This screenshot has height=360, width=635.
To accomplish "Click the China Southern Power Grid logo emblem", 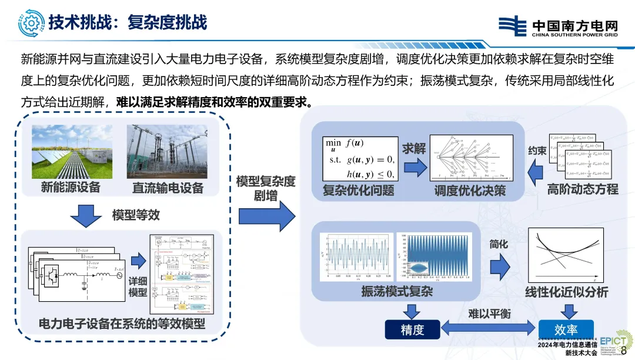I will (513, 26).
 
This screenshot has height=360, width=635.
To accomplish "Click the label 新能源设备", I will (71, 188).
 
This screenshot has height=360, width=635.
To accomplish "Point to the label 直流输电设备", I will (168, 188).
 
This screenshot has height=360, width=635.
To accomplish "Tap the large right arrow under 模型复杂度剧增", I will (275, 215).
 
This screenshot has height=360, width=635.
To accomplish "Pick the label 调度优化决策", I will (469, 191).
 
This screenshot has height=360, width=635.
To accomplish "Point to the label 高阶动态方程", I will (583, 189).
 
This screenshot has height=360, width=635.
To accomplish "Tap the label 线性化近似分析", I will (566, 292).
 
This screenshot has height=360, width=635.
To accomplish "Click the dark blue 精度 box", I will (412, 329).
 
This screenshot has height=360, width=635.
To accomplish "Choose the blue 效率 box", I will (566, 329).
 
